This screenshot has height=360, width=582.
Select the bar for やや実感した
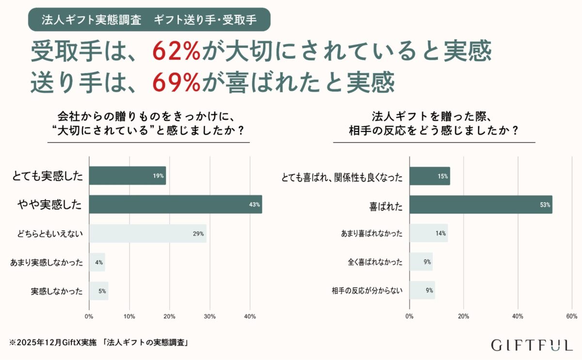[x=175, y=204]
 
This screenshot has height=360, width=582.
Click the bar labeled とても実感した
[x=127, y=176]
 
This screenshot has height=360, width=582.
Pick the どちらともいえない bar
[x=147, y=233]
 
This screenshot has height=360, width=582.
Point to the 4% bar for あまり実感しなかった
[x=97, y=262]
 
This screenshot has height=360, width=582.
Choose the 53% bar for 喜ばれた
[x=481, y=204]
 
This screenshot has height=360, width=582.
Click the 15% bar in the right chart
[x=429, y=176]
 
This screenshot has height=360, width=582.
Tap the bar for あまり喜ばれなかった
[x=428, y=233]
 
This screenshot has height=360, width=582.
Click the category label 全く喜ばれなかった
[x=375, y=262]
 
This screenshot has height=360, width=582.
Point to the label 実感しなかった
[x=57, y=291]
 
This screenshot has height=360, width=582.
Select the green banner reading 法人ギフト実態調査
[x=149, y=20]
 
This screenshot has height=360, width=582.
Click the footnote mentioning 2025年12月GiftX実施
[x=98, y=343]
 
